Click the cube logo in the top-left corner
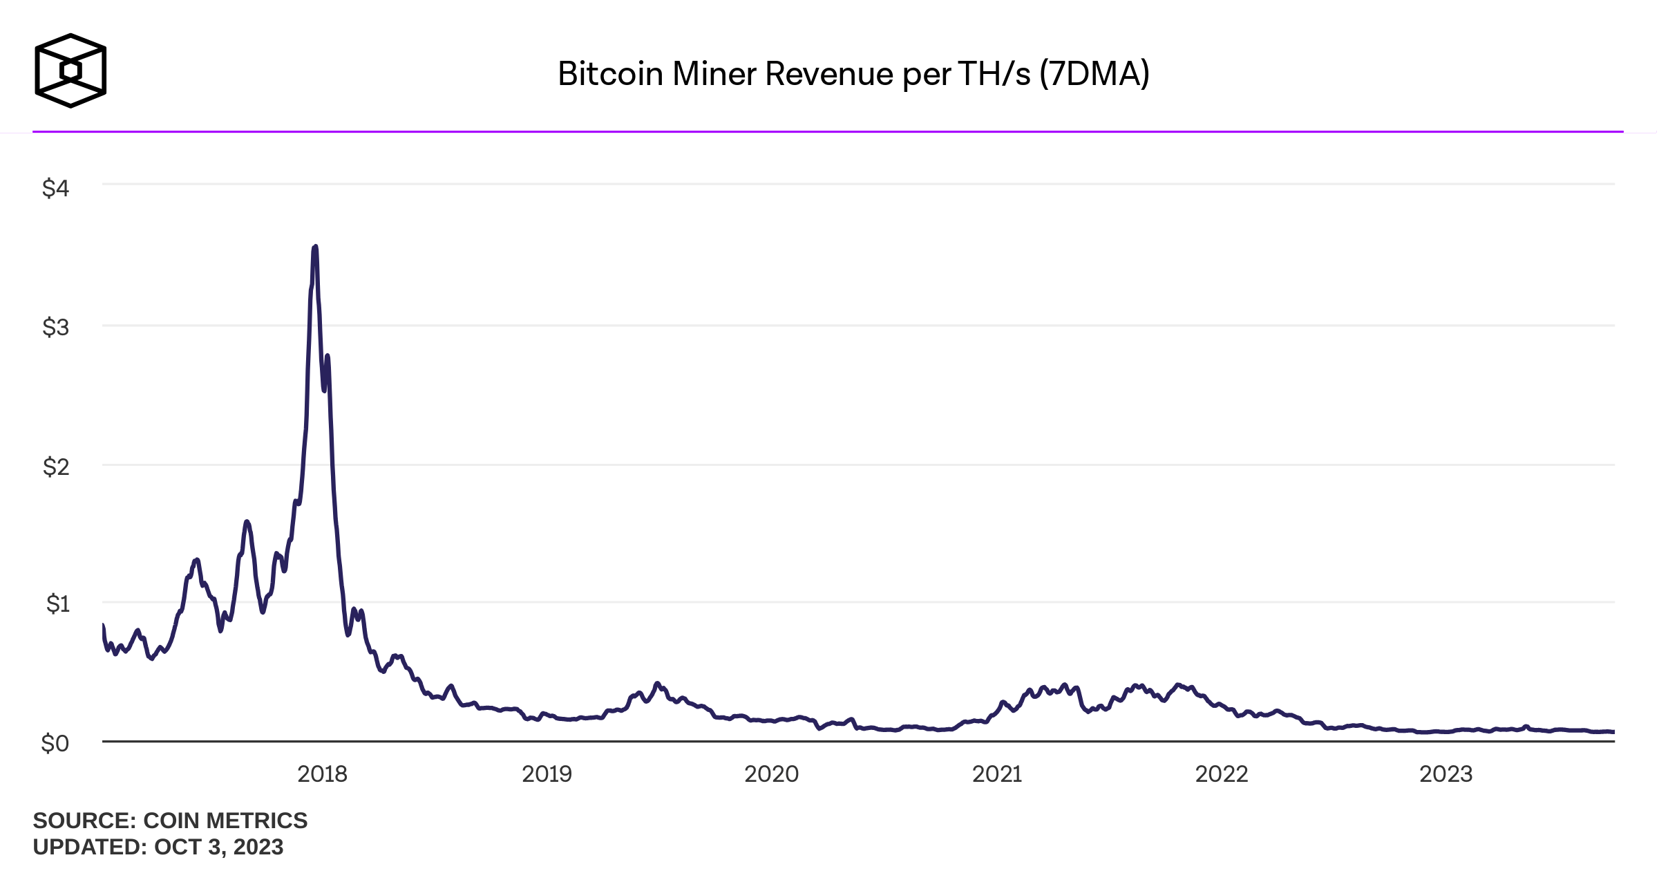coord(70,71)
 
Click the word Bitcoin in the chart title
coord(610,74)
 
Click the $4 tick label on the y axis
coord(56,187)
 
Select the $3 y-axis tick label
coord(56,327)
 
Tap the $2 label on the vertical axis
coord(56,467)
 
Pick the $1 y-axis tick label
coord(57,603)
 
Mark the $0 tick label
coord(55,743)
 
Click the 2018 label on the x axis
coord(322,774)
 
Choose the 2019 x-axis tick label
coord(547,774)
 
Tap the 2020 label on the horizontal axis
coord(771,774)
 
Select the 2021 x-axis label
coord(996,774)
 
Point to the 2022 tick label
coord(1221,774)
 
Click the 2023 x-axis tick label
coord(1445,774)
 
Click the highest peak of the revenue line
coord(315,247)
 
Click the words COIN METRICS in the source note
coord(225,821)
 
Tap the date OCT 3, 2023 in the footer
coord(218,847)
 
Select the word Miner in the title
coord(714,74)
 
